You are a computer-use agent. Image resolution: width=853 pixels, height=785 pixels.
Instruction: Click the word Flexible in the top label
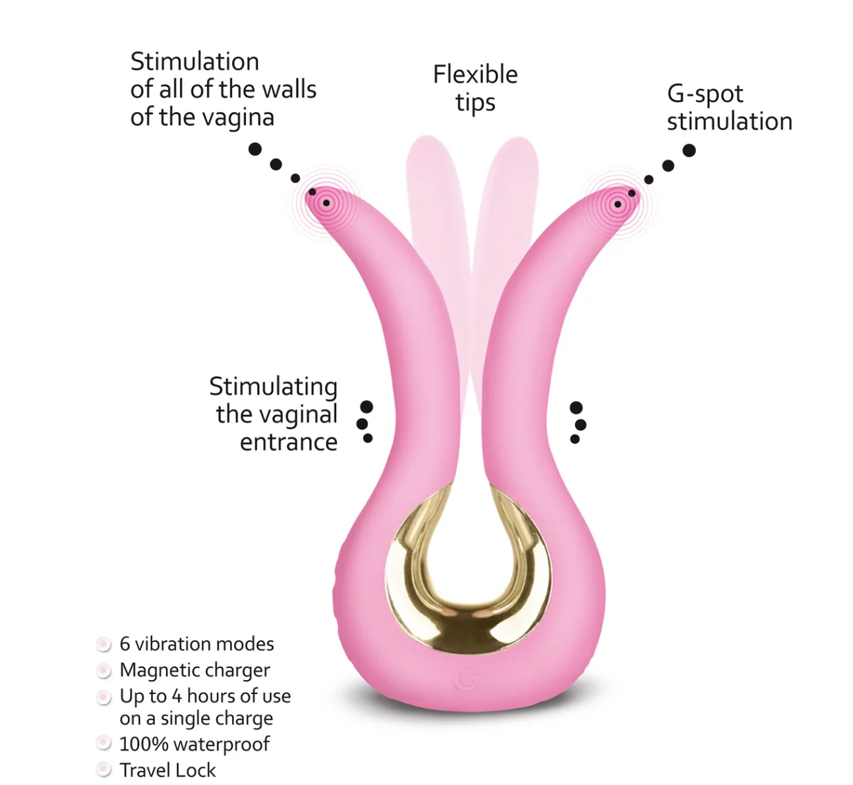click(x=475, y=75)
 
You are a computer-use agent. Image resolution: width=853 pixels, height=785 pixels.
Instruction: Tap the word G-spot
click(x=705, y=94)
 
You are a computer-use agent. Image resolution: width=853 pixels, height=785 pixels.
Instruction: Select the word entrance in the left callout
click(x=289, y=443)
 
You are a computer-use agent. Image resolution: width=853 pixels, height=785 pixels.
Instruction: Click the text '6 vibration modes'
click(x=197, y=644)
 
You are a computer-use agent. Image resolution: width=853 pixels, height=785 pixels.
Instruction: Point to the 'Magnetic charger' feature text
click(x=194, y=670)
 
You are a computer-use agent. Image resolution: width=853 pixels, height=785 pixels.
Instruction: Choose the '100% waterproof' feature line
click(x=194, y=743)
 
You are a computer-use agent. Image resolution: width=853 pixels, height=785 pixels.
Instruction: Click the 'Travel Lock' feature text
click(x=167, y=770)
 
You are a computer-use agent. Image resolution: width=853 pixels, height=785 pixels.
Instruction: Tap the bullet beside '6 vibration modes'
click(x=103, y=644)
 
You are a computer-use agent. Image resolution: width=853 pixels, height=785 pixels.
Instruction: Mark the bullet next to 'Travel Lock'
click(x=103, y=770)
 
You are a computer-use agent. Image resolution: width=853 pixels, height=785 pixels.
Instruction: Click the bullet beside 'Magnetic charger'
click(x=103, y=670)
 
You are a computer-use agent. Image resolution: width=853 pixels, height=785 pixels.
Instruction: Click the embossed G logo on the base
click(x=465, y=679)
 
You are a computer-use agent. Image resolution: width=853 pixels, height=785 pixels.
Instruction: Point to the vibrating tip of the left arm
click(x=326, y=203)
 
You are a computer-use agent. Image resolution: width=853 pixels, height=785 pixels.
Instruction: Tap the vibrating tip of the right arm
click(x=618, y=204)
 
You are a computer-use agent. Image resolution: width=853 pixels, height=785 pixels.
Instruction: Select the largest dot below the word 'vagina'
click(x=255, y=149)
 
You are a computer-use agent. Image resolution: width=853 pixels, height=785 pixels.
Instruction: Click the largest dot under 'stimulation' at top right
click(x=690, y=150)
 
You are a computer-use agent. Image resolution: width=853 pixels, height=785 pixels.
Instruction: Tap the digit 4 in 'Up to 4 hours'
click(x=177, y=697)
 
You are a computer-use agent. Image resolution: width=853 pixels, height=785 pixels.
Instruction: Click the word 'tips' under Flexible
click(x=475, y=103)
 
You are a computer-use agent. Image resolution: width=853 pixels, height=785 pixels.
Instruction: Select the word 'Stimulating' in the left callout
click(x=274, y=387)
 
